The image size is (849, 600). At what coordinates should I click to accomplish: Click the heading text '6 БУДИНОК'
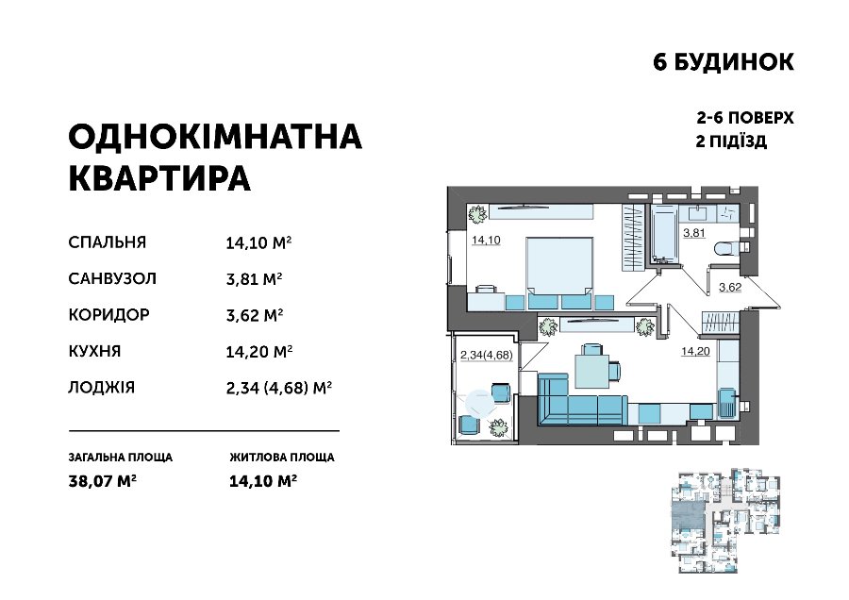[724, 62]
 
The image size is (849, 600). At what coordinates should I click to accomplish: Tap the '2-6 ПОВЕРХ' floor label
[745, 118]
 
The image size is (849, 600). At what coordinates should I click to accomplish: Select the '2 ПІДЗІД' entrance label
[731, 142]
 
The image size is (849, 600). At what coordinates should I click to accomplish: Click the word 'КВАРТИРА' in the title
[159, 178]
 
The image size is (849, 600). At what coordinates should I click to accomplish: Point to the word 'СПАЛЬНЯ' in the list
[108, 242]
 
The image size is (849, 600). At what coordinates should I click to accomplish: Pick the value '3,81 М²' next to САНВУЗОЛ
[254, 279]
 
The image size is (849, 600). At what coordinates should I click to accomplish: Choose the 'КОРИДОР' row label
[108, 314]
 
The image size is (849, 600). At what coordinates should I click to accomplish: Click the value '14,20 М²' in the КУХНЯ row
[259, 352]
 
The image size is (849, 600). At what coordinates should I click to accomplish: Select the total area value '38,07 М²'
[102, 481]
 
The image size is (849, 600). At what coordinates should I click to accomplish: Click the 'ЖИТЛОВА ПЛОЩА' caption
[282, 457]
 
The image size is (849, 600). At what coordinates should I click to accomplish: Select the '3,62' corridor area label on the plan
[730, 287]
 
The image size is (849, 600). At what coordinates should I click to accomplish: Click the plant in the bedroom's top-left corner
[477, 213]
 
